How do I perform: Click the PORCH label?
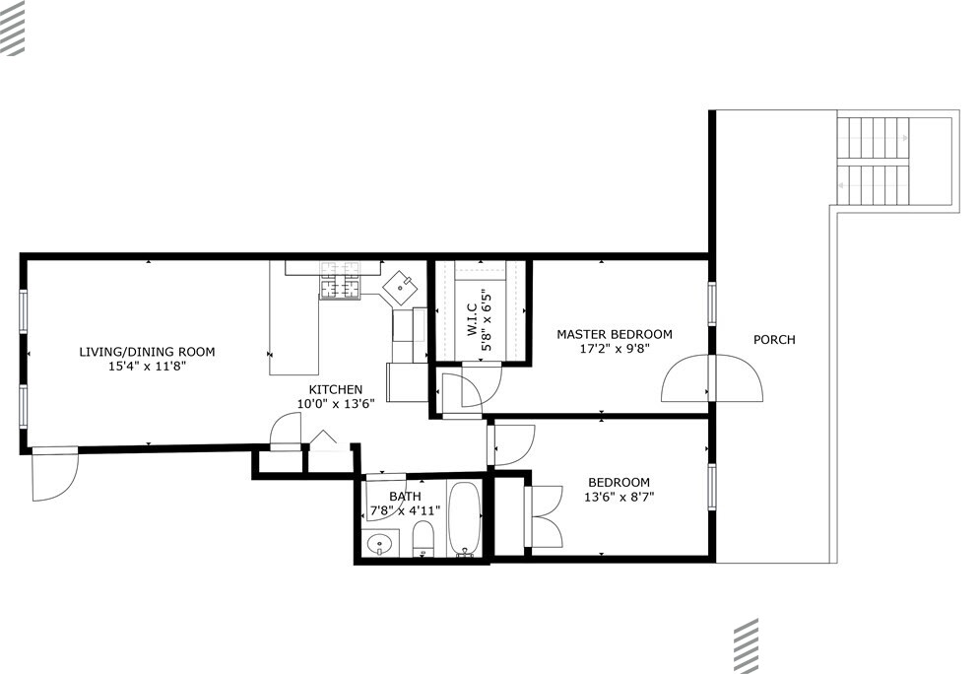pyautogui.click(x=774, y=340)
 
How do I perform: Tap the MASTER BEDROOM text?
pyautogui.click(x=615, y=334)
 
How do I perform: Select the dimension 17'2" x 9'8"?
pyautogui.click(x=615, y=349)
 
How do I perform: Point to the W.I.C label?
pyautogui.click(x=472, y=320)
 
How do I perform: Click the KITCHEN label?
pyautogui.click(x=335, y=389)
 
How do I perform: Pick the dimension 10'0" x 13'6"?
pyautogui.click(x=335, y=404)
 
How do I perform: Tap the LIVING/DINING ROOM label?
pyautogui.click(x=147, y=352)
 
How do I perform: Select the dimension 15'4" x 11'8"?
pyautogui.click(x=147, y=366)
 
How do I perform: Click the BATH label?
pyautogui.click(x=405, y=497)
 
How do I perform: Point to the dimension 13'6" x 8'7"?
pyautogui.click(x=619, y=498)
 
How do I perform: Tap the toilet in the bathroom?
pyautogui.click(x=423, y=539)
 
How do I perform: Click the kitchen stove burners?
pyautogui.click(x=340, y=279)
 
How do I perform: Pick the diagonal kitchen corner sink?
pyautogui.click(x=400, y=288)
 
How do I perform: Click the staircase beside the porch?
pyautogui.click(x=874, y=162)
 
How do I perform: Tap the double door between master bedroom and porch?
pyautogui.click(x=712, y=378)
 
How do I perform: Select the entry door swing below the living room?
pyautogui.click(x=55, y=474)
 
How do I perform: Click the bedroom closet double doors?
pyautogui.click(x=544, y=516)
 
